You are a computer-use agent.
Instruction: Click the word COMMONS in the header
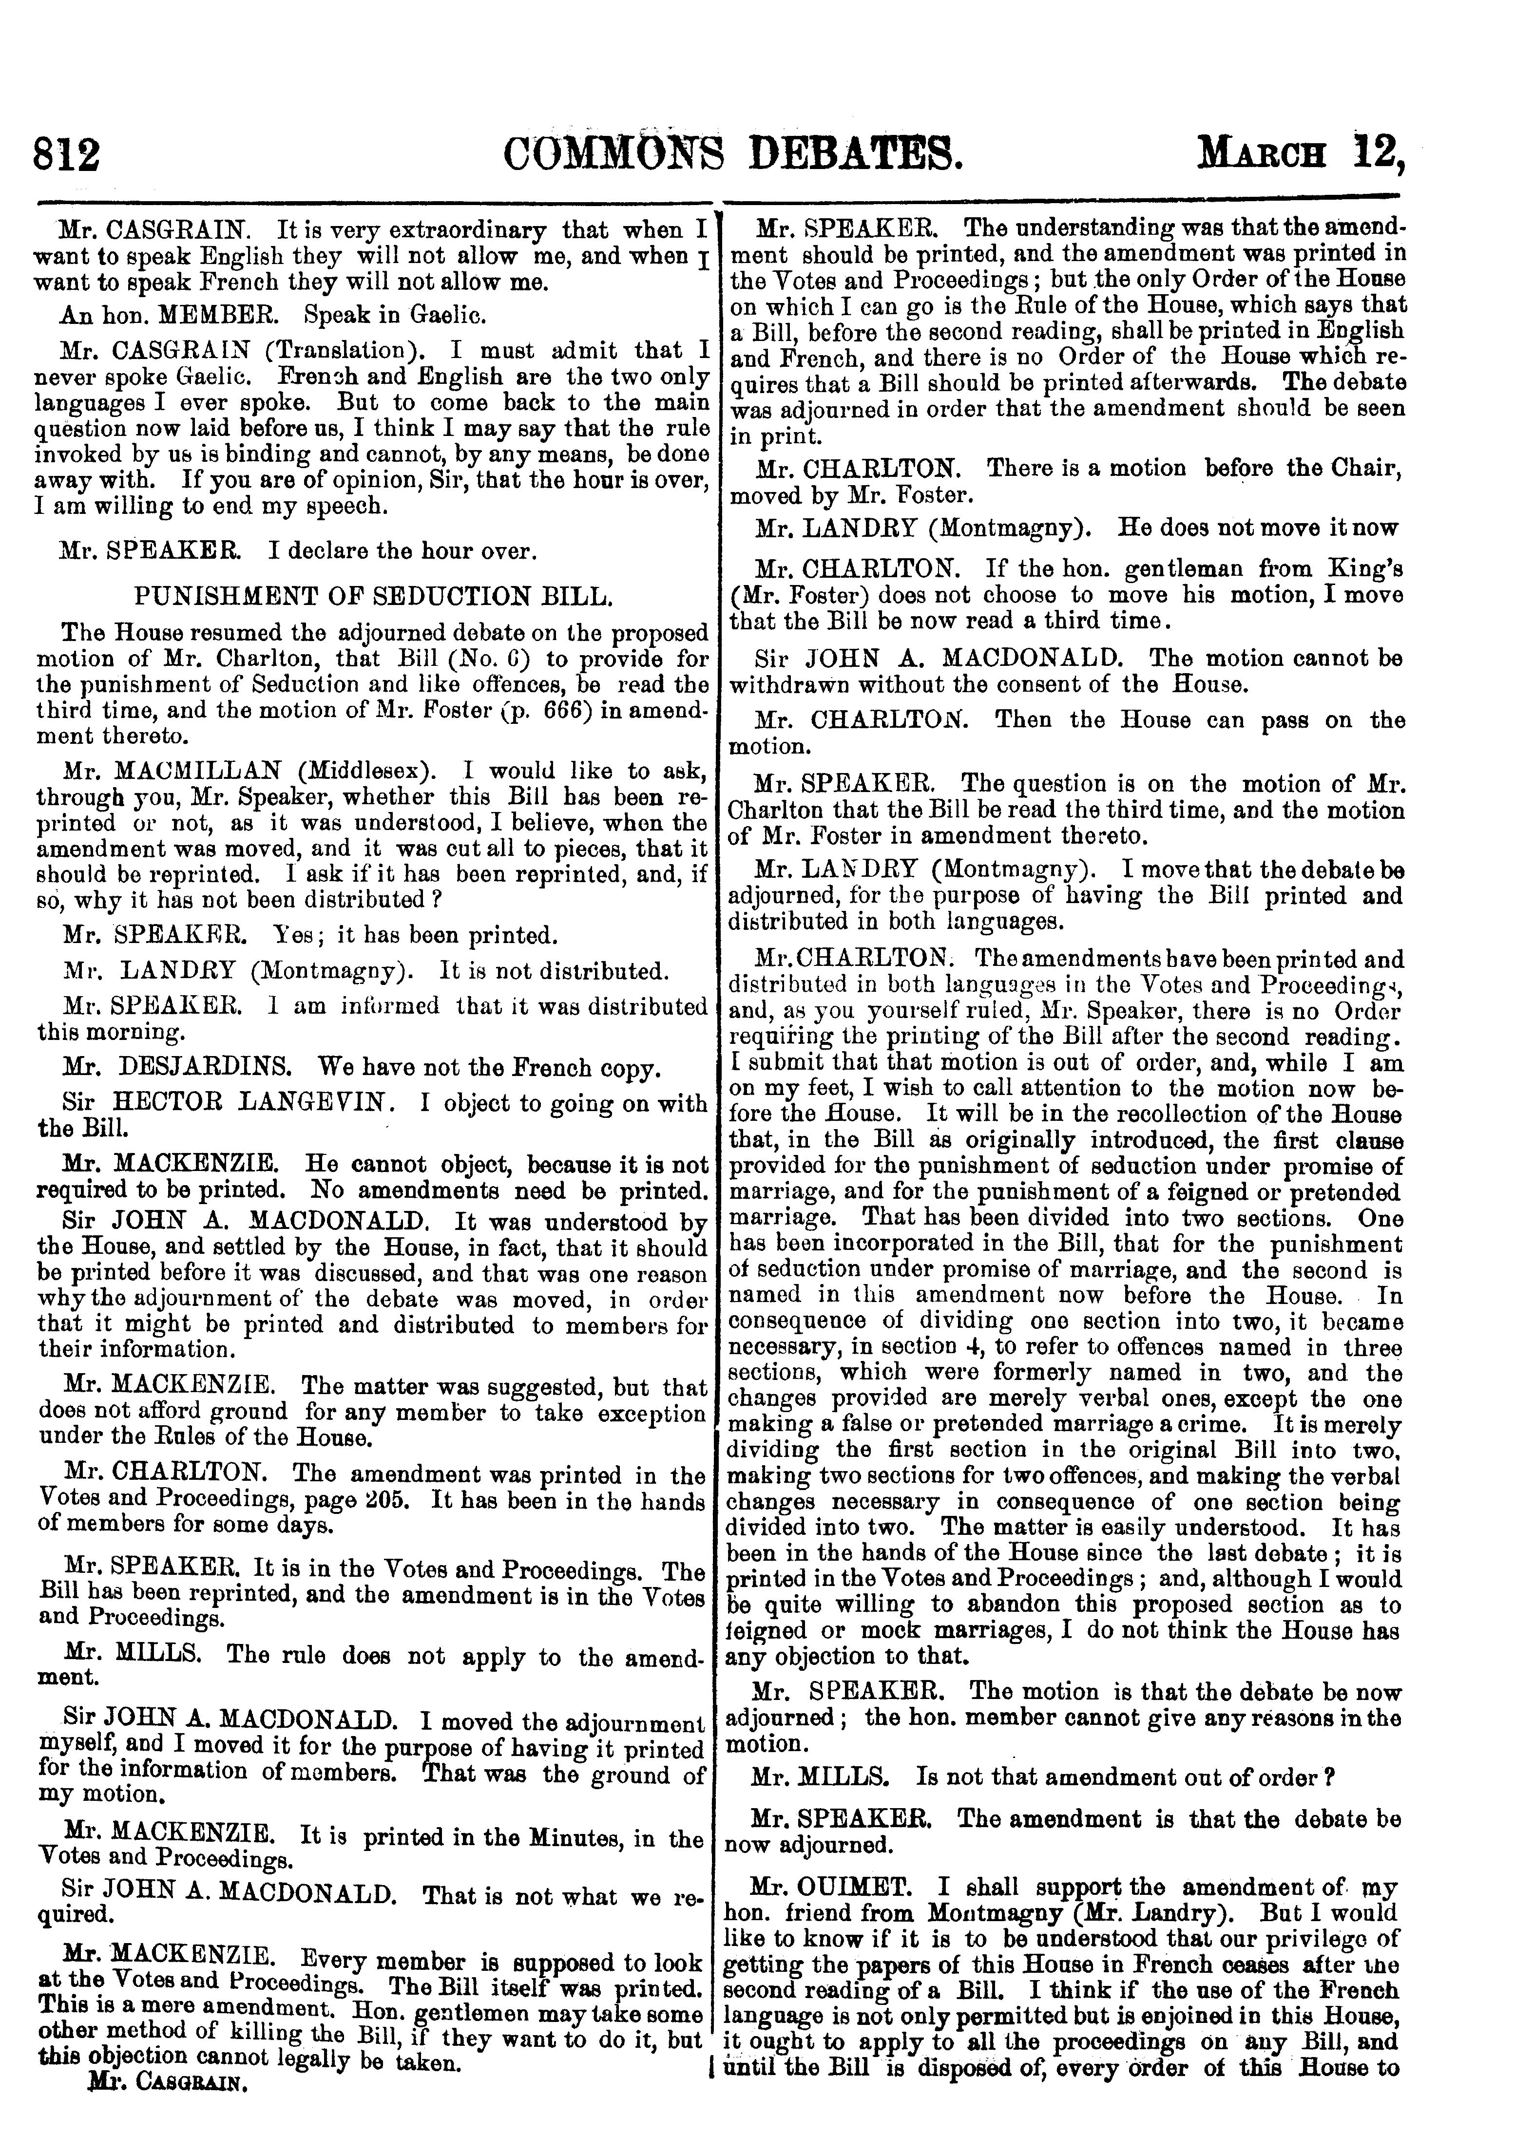pos(614,154)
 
